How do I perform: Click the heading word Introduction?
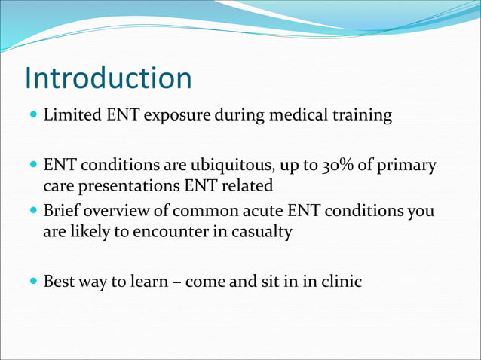108,78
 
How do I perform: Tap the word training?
363,116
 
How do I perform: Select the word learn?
154,282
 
